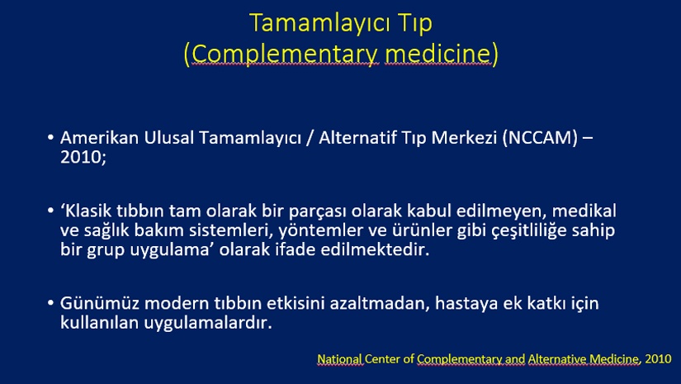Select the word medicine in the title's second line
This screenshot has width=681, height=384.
437,54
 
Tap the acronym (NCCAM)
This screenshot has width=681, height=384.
540,138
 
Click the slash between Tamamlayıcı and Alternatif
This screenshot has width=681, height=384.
310,138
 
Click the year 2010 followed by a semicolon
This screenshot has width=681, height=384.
83,157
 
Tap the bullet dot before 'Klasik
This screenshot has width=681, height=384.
51,211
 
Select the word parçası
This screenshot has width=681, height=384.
318,212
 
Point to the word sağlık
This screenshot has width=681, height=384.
106,231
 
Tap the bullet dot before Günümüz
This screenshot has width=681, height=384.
51,303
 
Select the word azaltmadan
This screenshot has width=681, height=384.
380,303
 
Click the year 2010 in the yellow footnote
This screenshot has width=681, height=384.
659,359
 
